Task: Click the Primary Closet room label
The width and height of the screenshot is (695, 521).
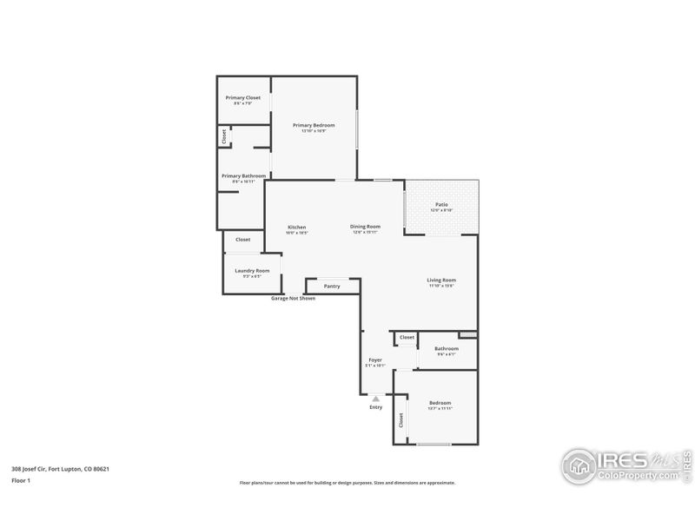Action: (243, 98)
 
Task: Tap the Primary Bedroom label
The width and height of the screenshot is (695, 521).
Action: (314, 125)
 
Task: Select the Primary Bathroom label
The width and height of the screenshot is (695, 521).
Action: (243, 175)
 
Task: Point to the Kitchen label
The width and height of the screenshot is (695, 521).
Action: (297, 228)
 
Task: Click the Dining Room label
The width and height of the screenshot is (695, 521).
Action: (366, 227)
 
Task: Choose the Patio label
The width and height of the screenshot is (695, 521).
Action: (441, 205)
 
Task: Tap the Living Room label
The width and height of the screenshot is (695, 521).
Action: (441, 280)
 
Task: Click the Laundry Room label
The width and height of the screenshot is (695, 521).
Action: (252, 270)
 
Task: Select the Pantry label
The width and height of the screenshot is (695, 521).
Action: (332, 286)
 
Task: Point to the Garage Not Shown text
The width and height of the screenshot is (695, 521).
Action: (293, 298)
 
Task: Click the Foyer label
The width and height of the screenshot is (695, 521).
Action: (375, 359)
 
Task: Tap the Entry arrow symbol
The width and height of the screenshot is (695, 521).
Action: (375, 399)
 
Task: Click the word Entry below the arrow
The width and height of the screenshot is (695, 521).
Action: (375, 407)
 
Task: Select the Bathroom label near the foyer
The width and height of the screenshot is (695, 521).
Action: (447, 349)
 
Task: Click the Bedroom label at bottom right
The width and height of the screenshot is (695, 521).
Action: (440, 403)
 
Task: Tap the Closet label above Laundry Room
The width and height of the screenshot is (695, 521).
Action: (243, 240)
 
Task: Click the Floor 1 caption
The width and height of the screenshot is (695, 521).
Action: (21, 479)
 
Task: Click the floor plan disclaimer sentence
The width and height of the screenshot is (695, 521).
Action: (347, 483)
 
